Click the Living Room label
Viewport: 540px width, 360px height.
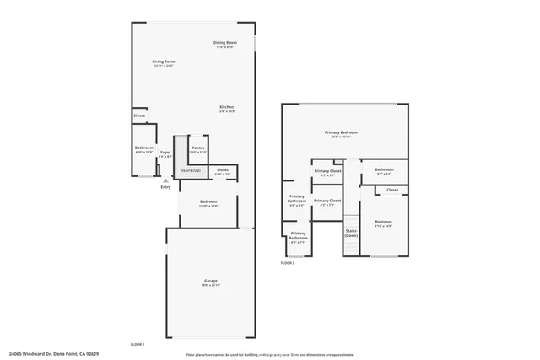pyautogui.click(x=163, y=62)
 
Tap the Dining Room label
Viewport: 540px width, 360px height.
pyautogui.click(x=224, y=42)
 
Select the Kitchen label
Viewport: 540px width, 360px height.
pyautogui.click(x=226, y=107)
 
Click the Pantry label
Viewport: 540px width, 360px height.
pyautogui.click(x=197, y=148)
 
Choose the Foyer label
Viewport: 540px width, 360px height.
pyautogui.click(x=165, y=152)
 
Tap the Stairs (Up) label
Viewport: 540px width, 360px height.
pyautogui.click(x=191, y=171)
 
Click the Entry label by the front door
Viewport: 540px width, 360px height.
pyautogui.click(x=165, y=186)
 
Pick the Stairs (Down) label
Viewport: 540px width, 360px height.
pyautogui.click(x=351, y=232)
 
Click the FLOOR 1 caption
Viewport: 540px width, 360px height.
pyautogui.click(x=138, y=344)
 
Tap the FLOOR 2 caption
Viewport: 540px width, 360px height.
pyautogui.click(x=287, y=263)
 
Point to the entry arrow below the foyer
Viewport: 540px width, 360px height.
pyautogui.click(x=165, y=180)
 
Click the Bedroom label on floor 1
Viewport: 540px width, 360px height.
pyautogui.click(x=208, y=201)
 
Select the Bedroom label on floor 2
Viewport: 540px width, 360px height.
pyautogui.click(x=384, y=222)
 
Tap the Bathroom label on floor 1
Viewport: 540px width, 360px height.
pyautogui.click(x=144, y=148)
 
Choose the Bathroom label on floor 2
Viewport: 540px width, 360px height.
pyautogui.click(x=383, y=170)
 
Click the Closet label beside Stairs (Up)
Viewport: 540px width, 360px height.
pyautogui.click(x=222, y=170)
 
